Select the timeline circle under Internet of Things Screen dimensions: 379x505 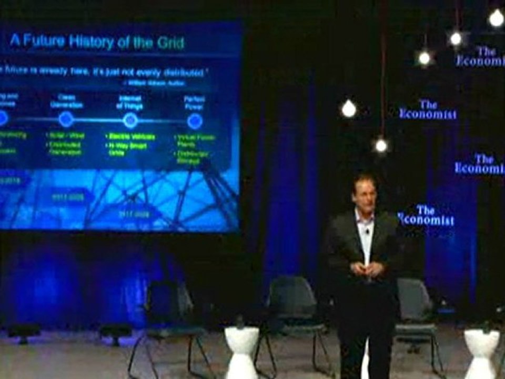coord(130,121)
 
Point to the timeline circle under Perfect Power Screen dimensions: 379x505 coord(195,121)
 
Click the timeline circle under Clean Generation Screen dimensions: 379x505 coord(66,119)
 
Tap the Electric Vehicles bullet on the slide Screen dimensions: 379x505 coord(131,137)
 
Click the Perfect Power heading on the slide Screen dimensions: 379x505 coord(194,102)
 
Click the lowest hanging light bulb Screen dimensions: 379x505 coord(381,145)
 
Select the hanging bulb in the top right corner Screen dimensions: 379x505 coord(496,18)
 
